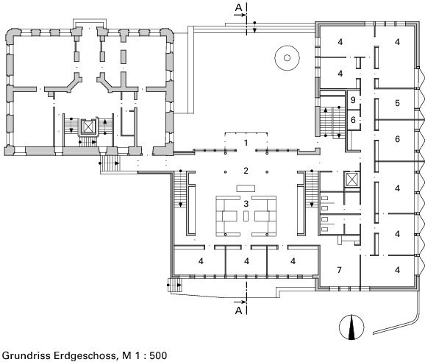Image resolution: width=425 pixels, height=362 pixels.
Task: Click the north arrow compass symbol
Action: [x=351, y=327]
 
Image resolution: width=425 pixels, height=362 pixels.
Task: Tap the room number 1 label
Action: [x=246, y=143]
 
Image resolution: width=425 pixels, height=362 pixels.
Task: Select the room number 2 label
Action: [x=246, y=171]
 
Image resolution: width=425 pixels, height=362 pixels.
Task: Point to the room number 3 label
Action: [x=246, y=203]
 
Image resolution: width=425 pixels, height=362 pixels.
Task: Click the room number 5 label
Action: [x=397, y=103]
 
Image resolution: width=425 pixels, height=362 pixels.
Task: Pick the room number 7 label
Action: [x=339, y=270]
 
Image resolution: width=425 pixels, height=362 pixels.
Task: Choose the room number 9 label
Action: [x=353, y=100]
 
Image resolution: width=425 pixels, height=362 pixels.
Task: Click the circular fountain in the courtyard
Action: [x=287, y=57]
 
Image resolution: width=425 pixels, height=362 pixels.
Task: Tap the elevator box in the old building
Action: [x=87, y=127]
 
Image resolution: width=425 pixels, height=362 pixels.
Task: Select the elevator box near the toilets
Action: [x=351, y=180]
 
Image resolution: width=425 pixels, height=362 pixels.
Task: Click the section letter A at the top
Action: [x=238, y=7]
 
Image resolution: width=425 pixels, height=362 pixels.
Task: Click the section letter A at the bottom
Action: [x=238, y=310]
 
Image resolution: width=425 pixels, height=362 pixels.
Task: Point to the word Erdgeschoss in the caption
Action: [x=85, y=355]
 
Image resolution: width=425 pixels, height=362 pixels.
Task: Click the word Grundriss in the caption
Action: [x=26, y=355]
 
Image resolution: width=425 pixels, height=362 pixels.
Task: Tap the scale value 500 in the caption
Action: [x=158, y=355]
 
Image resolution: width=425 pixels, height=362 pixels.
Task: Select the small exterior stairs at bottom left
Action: [x=174, y=285]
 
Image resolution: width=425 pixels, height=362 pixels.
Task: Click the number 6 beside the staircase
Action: [x=353, y=120]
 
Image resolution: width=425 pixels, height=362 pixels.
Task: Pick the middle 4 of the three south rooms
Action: [x=246, y=261]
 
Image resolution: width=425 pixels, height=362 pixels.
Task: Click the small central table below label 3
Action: [x=246, y=216]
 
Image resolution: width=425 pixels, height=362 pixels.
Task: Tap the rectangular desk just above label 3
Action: [x=246, y=188]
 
